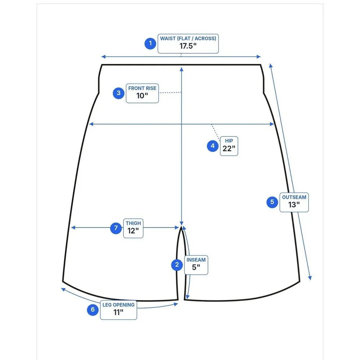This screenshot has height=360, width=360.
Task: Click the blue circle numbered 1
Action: (150, 44)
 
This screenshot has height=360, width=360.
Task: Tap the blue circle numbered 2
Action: (177, 265)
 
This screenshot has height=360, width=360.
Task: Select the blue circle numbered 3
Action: (118, 93)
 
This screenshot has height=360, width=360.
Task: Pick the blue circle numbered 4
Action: (213, 146)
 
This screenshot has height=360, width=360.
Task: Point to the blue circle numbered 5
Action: (272, 202)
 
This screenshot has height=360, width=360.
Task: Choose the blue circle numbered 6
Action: (93, 310)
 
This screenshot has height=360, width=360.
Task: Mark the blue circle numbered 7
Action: (116, 228)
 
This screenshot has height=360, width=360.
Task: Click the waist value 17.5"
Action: (188, 46)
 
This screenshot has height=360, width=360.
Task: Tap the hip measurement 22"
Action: (229, 149)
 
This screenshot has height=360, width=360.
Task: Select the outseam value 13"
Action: (294, 204)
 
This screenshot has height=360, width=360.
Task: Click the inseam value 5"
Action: (196, 267)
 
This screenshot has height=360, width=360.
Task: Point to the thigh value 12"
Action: (133, 231)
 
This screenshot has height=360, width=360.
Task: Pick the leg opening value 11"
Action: (118, 312)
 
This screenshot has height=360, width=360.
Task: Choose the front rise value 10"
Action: (142, 96)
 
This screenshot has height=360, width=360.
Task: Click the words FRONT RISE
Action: (142, 88)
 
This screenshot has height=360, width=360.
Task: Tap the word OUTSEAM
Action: (294, 197)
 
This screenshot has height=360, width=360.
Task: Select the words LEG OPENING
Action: (118, 305)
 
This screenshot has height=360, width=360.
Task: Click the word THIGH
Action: (134, 223)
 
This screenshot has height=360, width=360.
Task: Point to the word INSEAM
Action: (196, 260)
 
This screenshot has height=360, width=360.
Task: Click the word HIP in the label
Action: (229, 141)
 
